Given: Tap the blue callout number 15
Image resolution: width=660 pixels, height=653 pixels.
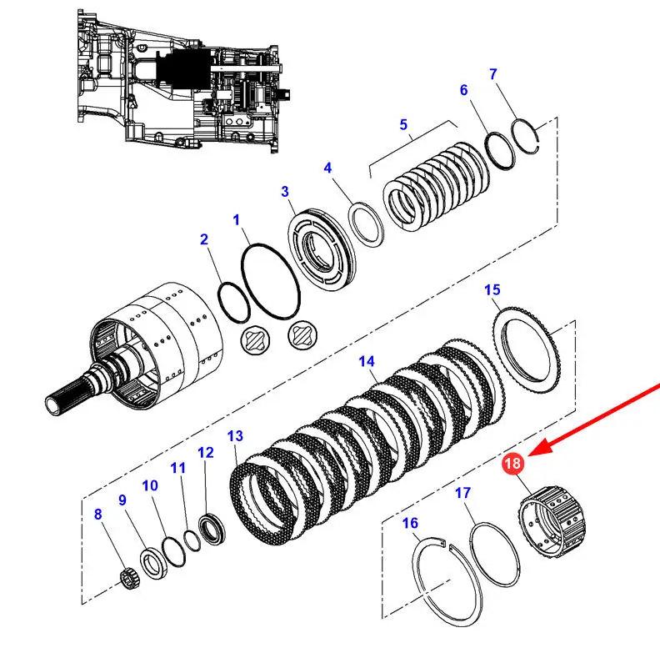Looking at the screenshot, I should click(x=492, y=289).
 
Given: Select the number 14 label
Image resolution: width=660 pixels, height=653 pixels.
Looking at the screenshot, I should click(x=367, y=362).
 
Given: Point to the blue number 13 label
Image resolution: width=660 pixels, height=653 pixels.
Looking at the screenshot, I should click(x=235, y=436).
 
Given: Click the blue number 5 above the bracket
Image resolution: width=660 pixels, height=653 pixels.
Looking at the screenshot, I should click(x=403, y=125).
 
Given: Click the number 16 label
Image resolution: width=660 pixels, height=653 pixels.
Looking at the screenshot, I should click(x=409, y=523).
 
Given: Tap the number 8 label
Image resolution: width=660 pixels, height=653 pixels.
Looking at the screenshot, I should click(x=97, y=515).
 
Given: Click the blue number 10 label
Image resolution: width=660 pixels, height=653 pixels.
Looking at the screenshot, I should click(x=149, y=486).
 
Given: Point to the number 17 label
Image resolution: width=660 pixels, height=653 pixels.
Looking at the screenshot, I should click(x=464, y=494).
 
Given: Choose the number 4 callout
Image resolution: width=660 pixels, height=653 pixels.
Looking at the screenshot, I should click(x=328, y=168).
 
